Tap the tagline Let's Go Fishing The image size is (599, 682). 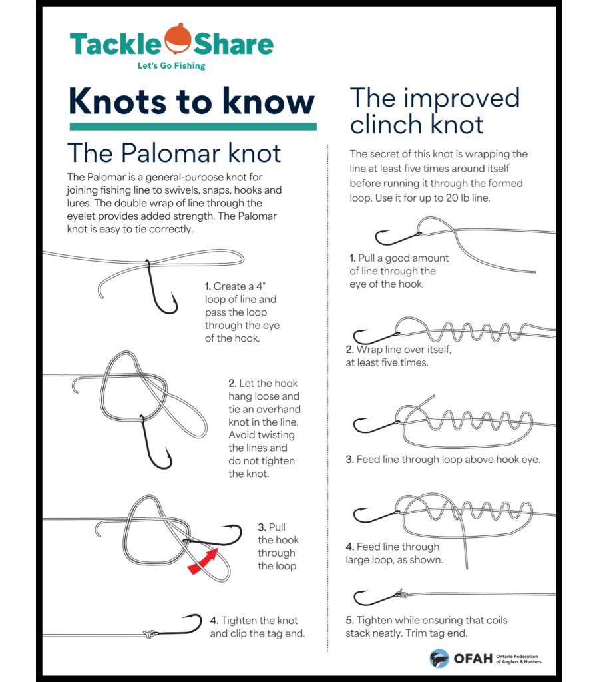tap(171, 66)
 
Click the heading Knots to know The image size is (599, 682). tap(192, 101)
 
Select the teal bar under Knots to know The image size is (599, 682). tap(192, 126)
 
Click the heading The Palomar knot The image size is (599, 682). tap(174, 153)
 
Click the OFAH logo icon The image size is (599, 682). tap(439, 658)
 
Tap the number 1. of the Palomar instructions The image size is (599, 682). tap(208, 286)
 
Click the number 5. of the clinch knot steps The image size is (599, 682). tap(349, 620)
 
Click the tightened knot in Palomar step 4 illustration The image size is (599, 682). tap(150, 633)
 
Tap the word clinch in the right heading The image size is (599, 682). tap(386, 124)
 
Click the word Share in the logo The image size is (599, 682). tap(233, 44)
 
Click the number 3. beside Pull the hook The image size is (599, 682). tap(262, 527)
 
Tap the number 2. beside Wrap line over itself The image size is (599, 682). tap(349, 350)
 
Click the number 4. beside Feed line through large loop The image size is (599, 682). tap(349, 547)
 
